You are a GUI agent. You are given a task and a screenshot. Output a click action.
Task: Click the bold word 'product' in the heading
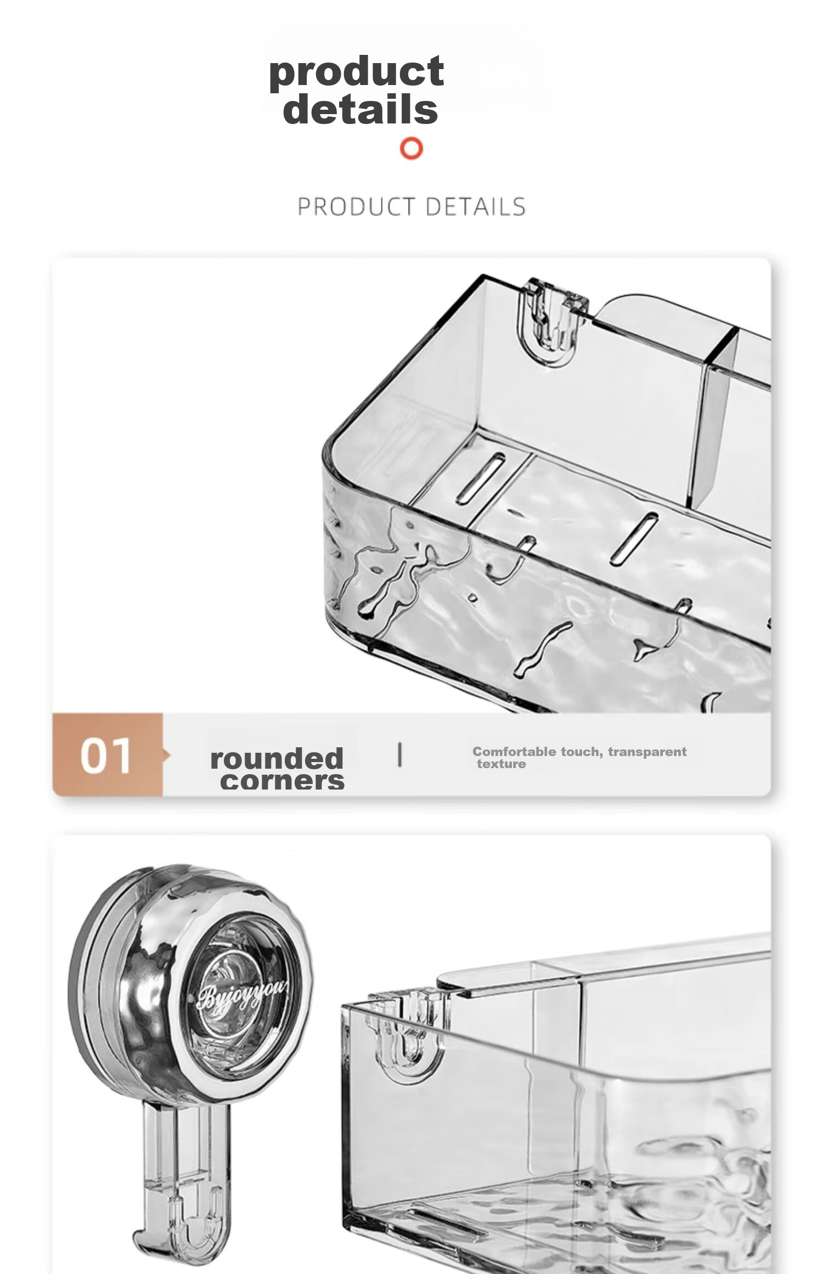coord(356,72)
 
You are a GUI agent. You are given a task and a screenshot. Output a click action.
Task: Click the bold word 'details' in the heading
coord(360,108)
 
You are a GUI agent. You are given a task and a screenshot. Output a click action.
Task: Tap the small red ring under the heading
coord(411,148)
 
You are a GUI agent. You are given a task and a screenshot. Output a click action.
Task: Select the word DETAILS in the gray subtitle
coord(475,207)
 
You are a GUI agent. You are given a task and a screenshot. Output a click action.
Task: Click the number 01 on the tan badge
coord(105,756)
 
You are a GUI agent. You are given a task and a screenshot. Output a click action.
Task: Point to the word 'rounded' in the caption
coord(277,758)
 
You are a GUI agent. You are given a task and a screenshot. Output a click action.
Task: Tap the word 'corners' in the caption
coord(282,781)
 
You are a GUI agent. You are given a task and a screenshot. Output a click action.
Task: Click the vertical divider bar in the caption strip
coord(399,754)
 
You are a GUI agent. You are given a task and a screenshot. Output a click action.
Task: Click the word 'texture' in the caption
coord(501,764)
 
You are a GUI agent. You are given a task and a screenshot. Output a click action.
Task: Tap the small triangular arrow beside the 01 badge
coord(166,756)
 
